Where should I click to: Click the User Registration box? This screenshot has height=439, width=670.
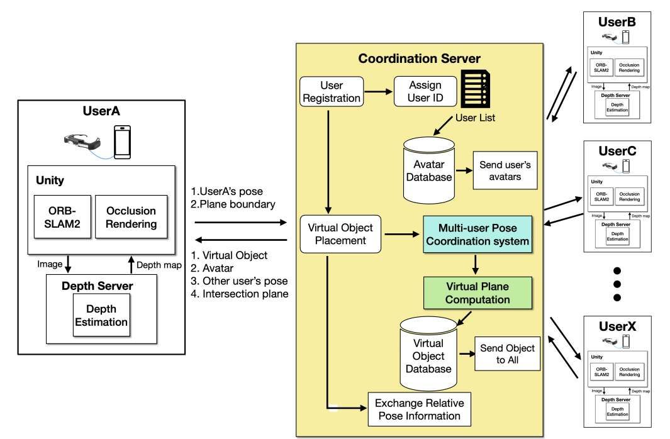[x=331, y=91]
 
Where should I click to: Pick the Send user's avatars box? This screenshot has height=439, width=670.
[x=505, y=169]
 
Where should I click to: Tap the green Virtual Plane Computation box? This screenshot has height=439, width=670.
[x=477, y=292]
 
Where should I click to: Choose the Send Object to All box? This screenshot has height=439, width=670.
[x=507, y=355]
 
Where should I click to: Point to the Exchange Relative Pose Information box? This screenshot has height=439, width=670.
[x=418, y=409]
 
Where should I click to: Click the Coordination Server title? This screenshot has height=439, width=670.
[x=419, y=59]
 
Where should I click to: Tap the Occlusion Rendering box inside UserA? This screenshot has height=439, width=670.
[x=131, y=216]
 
